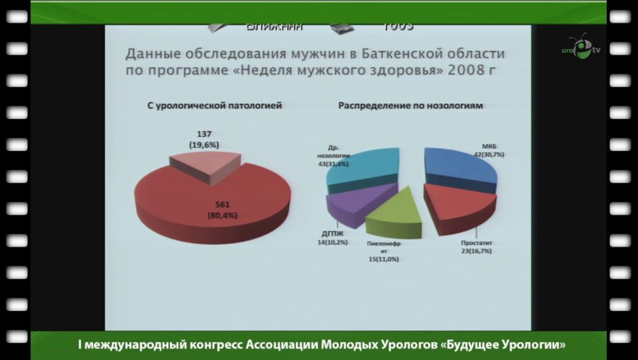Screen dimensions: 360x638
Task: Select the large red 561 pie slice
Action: [213, 202]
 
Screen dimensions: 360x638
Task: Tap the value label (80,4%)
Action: [218, 215]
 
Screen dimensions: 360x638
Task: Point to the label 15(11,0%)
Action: [382, 259]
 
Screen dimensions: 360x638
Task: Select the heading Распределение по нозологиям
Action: [410, 106]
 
